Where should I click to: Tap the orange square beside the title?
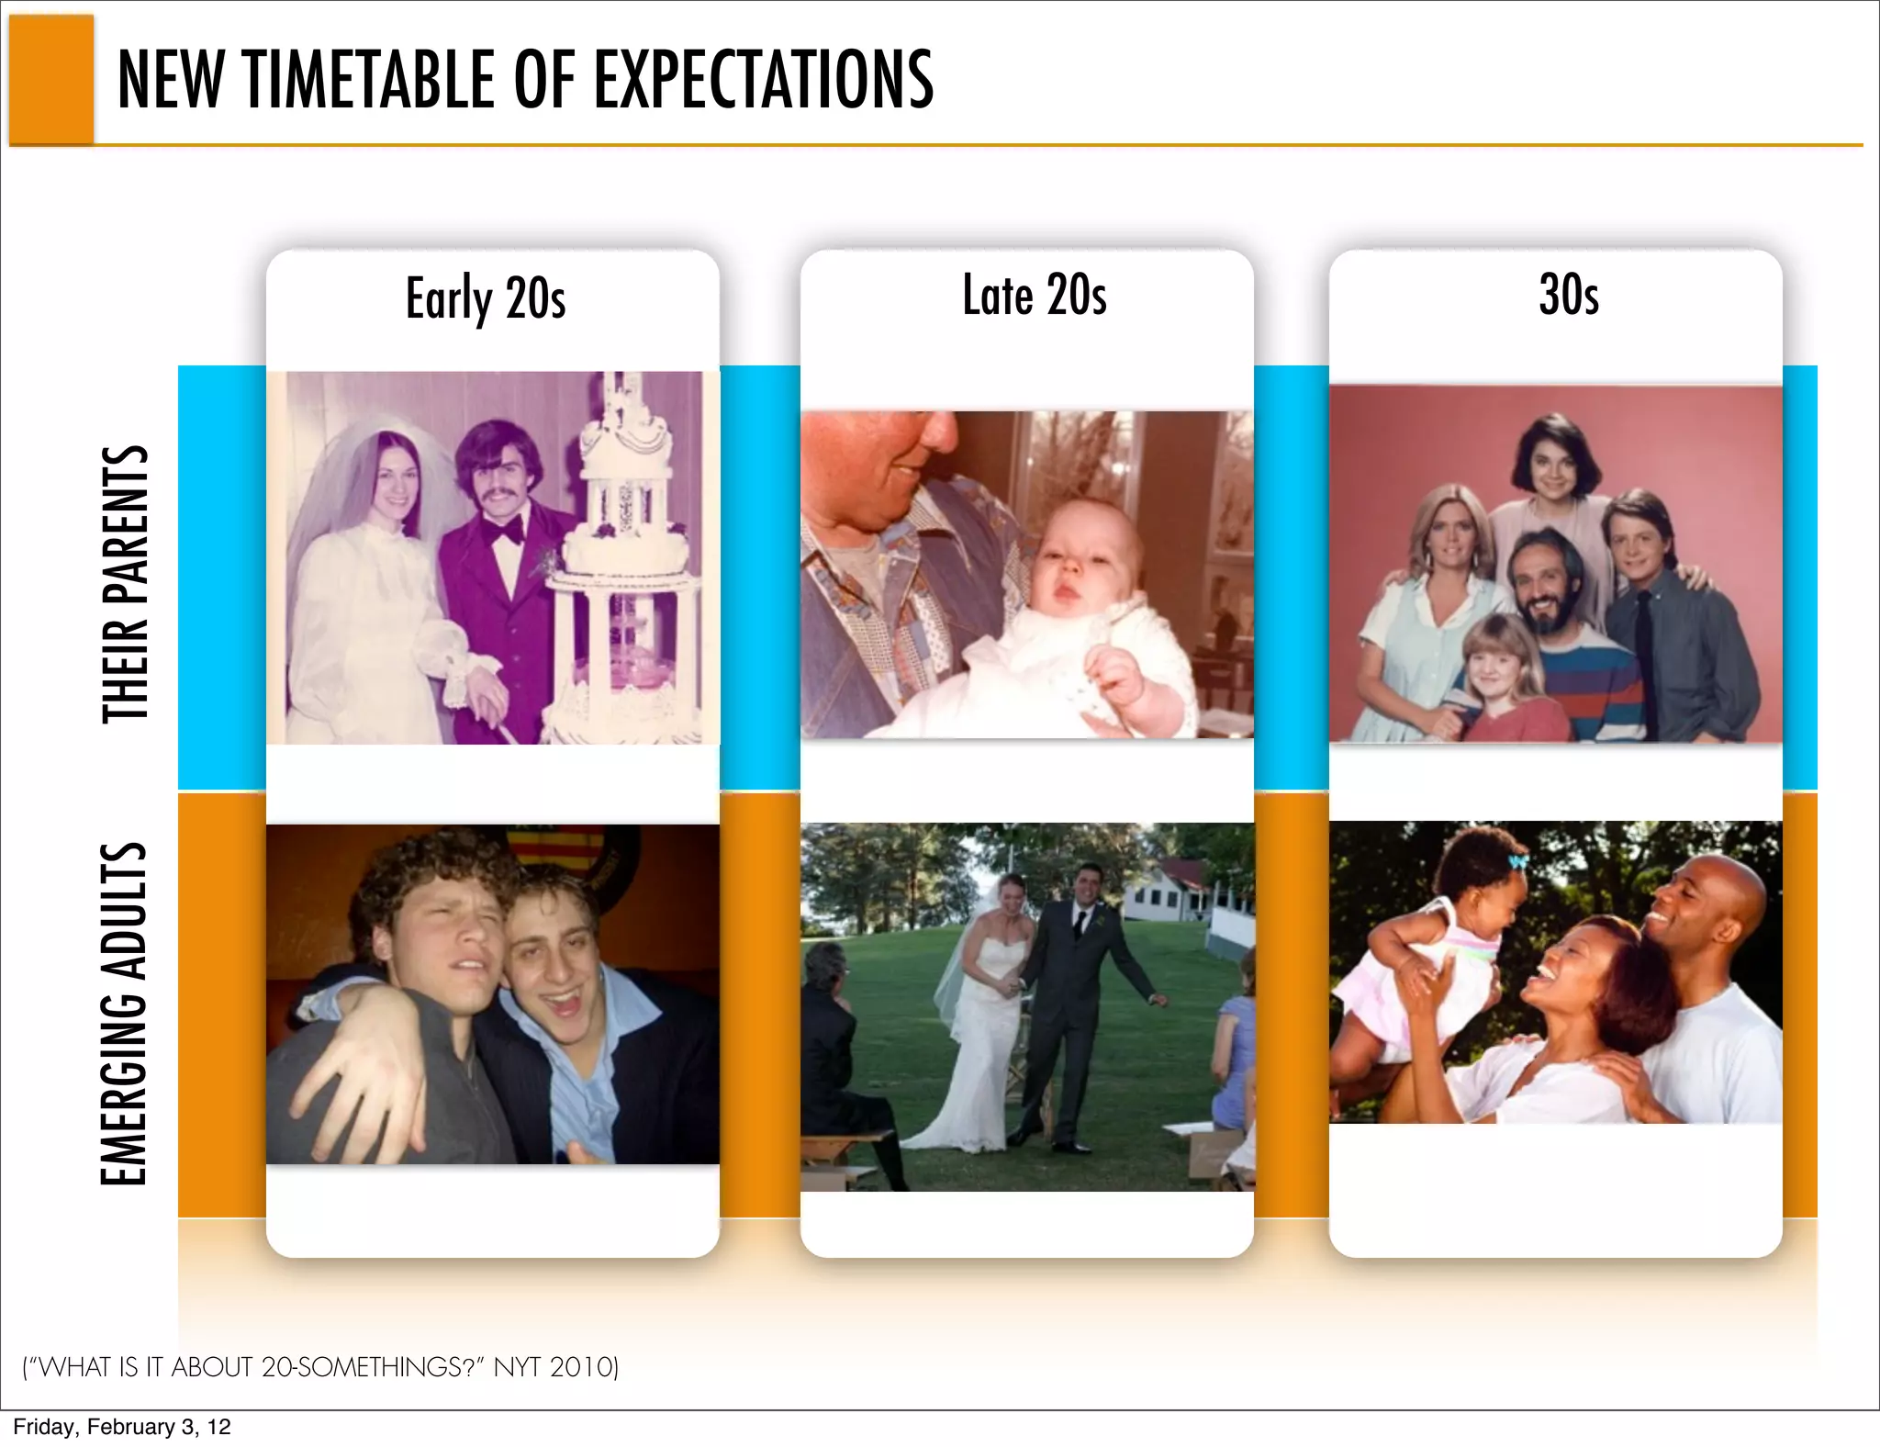(51, 80)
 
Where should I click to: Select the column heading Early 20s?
(486, 299)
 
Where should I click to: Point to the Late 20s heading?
(1034, 296)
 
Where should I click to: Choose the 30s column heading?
(1569, 296)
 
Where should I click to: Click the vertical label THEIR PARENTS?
(126, 584)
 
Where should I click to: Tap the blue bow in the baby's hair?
(1517, 862)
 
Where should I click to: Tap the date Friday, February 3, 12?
(122, 1427)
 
